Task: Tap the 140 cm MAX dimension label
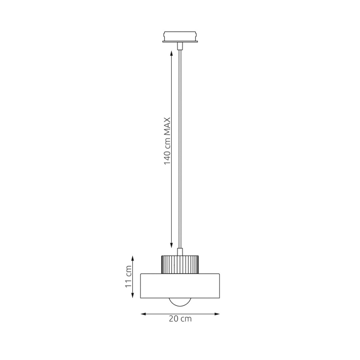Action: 167,141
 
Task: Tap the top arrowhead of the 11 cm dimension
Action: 133,258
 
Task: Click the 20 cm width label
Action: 180,319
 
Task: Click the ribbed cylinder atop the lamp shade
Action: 180,264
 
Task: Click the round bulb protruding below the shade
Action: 180,302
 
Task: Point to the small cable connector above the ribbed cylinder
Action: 180,252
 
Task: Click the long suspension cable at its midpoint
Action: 180,147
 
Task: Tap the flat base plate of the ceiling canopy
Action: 180,41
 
